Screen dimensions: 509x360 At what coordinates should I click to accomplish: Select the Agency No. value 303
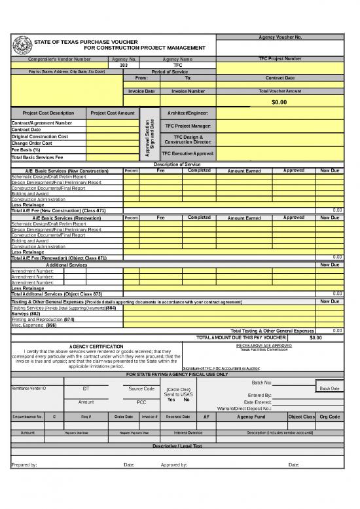[x=124, y=66]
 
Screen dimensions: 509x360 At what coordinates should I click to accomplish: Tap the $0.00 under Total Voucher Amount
[x=279, y=102]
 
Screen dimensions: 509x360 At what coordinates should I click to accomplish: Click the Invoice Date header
[x=141, y=92]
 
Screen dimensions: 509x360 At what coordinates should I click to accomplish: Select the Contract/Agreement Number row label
[x=42, y=123]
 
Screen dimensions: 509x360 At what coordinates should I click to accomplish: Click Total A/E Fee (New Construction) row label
[x=59, y=210]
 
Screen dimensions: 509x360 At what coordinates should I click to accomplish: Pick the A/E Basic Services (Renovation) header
[x=62, y=217]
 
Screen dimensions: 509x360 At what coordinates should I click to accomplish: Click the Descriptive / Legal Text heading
[x=179, y=445]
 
